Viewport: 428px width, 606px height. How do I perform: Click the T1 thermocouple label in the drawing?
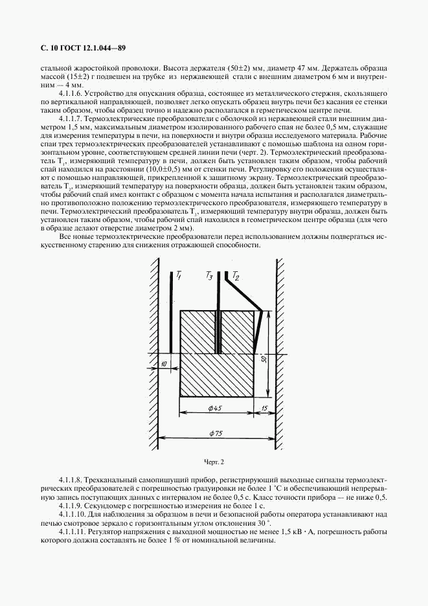179,276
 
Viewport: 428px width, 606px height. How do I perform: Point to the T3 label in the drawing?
209,276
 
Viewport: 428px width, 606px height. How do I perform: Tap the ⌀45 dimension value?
216,407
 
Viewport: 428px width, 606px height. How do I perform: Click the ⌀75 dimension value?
216,433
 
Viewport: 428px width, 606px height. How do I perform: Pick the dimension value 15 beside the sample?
265,407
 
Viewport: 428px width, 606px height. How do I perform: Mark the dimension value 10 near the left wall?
163,364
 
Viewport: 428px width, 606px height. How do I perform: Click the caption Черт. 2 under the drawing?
214,462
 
